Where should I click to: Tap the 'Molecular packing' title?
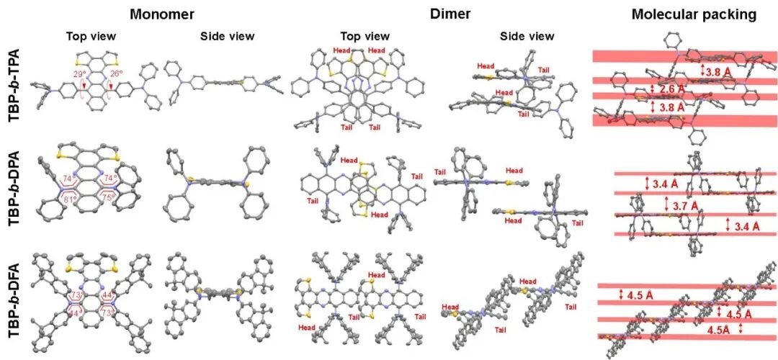pyautogui.click(x=683, y=14)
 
